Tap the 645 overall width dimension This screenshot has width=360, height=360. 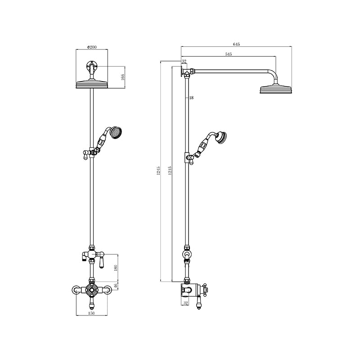pos(237,44)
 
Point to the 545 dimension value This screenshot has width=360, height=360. pos(229,54)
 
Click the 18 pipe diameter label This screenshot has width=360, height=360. pos(191,98)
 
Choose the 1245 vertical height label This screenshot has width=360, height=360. pos(158,171)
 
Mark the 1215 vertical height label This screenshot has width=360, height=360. pos(169,171)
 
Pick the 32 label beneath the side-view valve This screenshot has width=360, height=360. pos(185,302)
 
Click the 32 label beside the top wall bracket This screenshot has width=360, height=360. pos(184,62)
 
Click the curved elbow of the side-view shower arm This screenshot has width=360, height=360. pos(273,73)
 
